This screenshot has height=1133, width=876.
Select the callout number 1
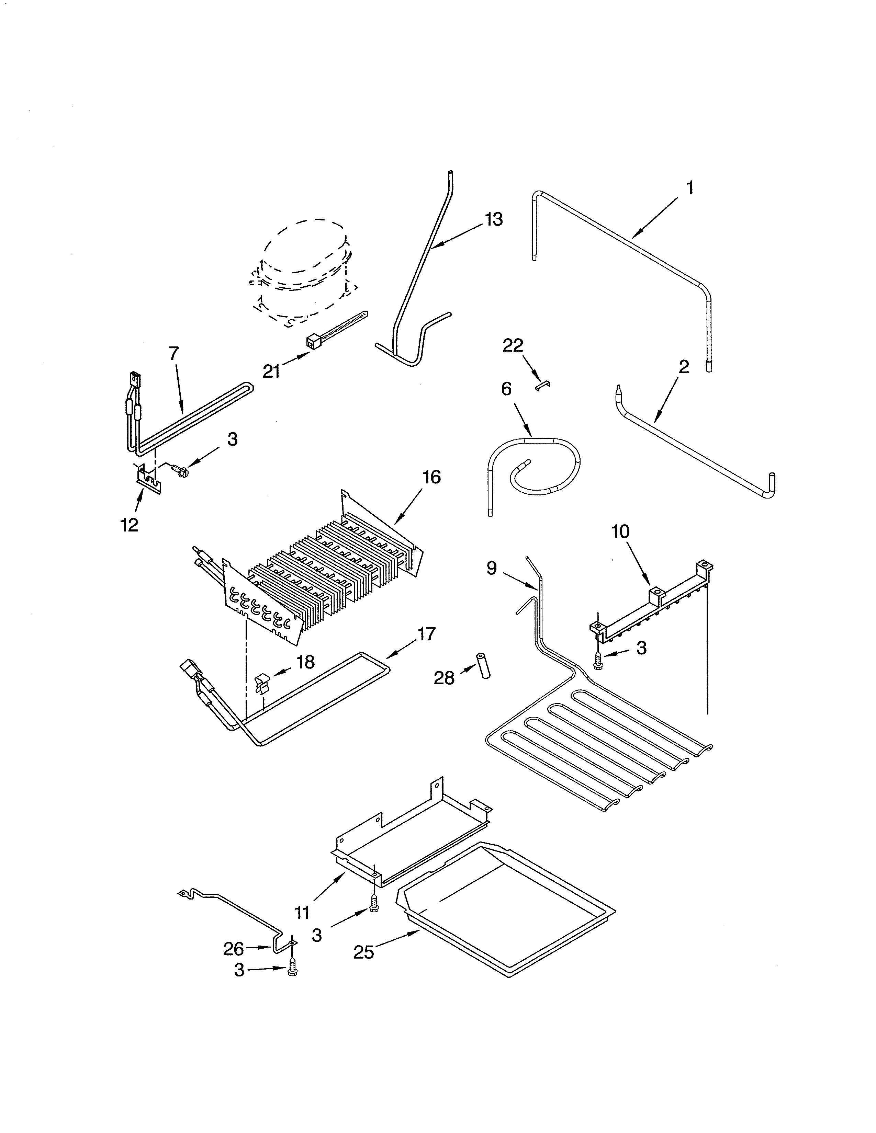[690, 188]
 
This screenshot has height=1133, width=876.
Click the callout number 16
[431, 477]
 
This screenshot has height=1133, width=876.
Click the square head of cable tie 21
[313, 341]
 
